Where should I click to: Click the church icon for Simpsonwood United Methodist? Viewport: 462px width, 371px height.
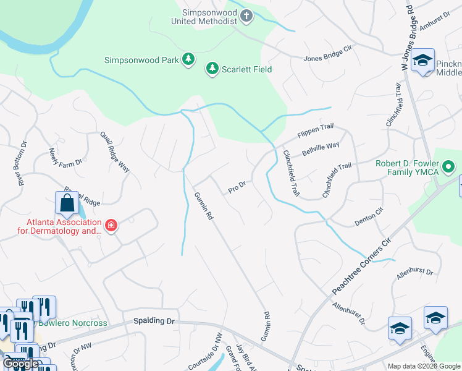(x=246, y=15)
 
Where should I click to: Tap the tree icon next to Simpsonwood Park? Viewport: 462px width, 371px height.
(x=188, y=60)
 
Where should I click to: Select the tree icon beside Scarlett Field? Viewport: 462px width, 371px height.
(x=212, y=69)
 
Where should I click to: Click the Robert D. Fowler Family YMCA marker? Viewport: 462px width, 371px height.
(x=449, y=167)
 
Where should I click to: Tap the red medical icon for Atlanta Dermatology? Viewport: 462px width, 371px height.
(x=111, y=226)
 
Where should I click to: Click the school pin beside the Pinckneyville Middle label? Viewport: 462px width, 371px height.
(x=423, y=61)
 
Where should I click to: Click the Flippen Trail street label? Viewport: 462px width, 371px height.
(x=315, y=130)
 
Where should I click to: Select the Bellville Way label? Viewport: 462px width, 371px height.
(x=321, y=149)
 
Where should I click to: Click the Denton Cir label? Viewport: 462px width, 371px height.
(x=369, y=216)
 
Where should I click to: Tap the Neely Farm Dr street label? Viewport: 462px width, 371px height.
(x=65, y=158)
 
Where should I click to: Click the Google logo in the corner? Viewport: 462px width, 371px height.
(x=20, y=364)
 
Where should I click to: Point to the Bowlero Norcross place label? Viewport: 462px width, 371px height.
(x=73, y=323)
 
